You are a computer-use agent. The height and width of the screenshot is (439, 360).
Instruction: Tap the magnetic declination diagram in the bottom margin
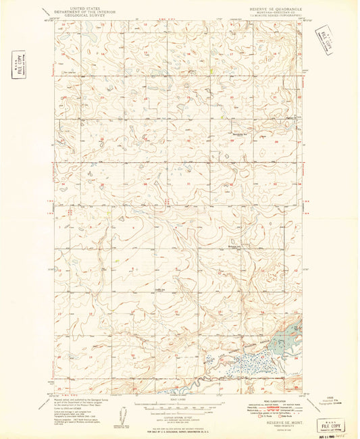[x=120, y=413]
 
